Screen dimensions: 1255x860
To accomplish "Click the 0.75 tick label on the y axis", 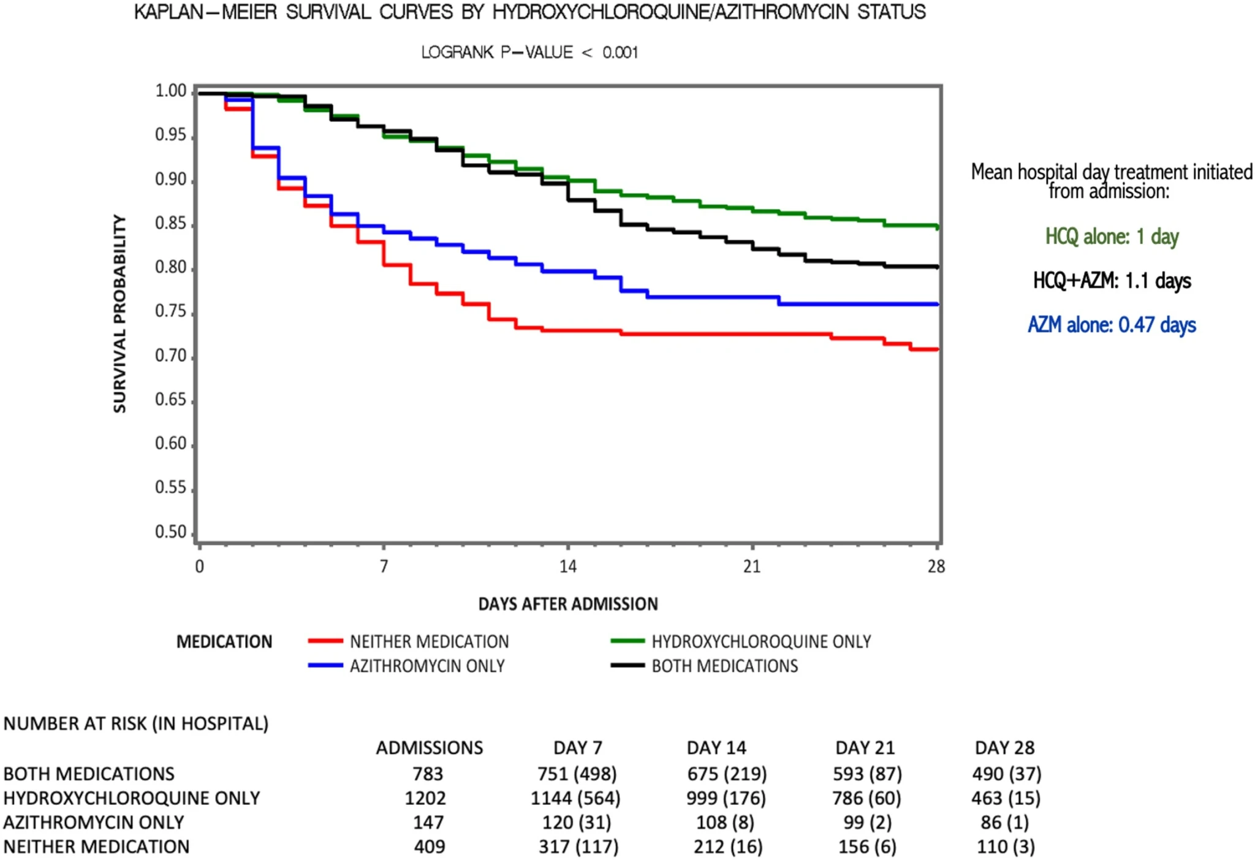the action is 170,311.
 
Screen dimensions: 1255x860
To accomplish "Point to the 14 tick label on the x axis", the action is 568,566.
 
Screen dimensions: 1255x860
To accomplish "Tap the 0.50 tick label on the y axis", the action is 170,531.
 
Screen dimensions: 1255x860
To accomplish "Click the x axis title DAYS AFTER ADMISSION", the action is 568,604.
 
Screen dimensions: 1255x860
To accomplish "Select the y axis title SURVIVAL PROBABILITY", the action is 119,314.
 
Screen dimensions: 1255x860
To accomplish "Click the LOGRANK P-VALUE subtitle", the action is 529,53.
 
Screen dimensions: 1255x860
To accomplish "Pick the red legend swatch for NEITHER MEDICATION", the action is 325,641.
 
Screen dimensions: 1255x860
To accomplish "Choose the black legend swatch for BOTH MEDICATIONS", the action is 627,665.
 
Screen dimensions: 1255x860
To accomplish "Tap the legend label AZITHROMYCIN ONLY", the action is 427,666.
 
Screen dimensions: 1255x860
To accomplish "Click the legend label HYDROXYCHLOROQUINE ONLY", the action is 761,641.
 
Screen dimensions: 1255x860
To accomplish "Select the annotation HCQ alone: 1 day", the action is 1112,237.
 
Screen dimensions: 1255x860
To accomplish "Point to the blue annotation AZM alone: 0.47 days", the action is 1112,325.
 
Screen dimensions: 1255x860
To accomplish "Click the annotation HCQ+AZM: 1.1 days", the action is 1112,281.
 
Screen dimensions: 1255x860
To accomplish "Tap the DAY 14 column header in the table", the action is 716,748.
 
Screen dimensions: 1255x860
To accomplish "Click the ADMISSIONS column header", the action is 429,748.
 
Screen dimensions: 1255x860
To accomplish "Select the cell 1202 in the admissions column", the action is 425,798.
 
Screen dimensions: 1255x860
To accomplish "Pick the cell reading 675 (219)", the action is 727,774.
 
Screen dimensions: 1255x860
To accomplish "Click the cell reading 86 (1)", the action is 1004,822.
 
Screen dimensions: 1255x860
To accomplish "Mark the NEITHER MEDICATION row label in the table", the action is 96,847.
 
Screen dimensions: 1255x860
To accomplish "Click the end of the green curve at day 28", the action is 938,227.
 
